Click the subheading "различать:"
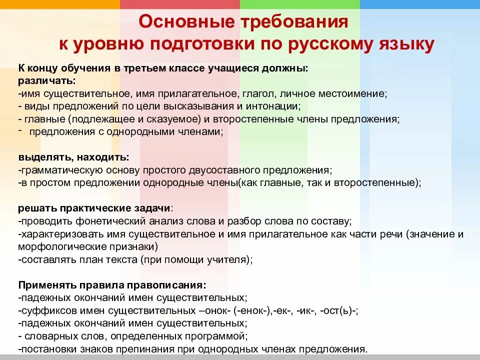pyautogui.click(x=47, y=80)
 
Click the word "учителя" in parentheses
pyautogui.click(x=229, y=259)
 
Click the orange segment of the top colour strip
pyautogui.click(x=60, y=4)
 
